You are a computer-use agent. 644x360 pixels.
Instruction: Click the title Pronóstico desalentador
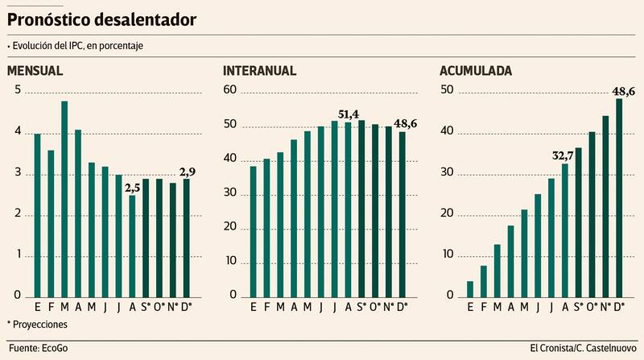pos(101,19)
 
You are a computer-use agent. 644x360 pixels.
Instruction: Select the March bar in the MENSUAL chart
pos(64,198)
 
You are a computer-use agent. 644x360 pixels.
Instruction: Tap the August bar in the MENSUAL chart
pos(132,245)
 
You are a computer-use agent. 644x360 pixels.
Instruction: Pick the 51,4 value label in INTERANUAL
pos(349,114)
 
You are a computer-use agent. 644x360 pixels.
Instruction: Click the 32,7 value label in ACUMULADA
pos(563,155)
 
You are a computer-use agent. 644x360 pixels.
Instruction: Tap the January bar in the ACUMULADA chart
pos(470,288)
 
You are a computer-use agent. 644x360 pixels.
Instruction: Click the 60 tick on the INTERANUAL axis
pos(230,90)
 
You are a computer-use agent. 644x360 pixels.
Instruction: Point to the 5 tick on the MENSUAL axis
pos(18,90)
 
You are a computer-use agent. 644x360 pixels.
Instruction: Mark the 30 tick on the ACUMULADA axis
pos(447,174)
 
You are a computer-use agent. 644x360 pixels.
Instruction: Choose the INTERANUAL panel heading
pos(259,71)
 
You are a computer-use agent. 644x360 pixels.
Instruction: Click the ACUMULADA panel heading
pos(477,71)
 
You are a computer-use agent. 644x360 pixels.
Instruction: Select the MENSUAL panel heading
pos(35,71)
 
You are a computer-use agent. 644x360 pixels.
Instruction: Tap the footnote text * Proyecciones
pos(37,324)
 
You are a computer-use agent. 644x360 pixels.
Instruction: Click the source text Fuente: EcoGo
pos(39,347)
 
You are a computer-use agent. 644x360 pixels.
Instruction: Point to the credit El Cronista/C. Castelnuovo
pos(583,347)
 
